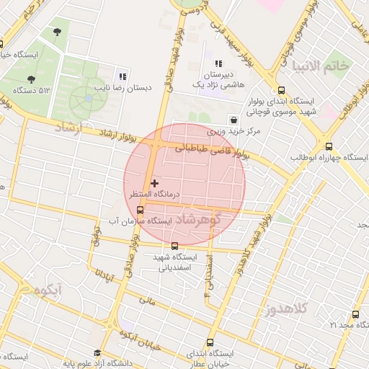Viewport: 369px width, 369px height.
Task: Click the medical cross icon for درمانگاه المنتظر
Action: tap(154, 184)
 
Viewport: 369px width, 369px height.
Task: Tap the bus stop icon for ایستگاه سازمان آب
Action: tap(140, 210)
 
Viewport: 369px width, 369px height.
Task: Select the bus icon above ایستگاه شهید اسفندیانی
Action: tap(174, 246)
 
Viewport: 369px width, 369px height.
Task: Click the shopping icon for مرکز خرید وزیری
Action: tap(233, 119)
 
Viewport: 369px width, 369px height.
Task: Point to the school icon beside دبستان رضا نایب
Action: tap(123, 76)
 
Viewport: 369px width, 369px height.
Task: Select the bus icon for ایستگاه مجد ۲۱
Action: tap(355, 314)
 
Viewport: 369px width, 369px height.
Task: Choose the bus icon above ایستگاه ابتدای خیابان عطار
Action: tap(210, 342)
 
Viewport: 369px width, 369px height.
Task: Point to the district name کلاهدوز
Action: tap(286, 309)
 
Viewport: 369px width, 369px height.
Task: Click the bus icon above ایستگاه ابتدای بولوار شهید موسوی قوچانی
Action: tap(280, 90)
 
